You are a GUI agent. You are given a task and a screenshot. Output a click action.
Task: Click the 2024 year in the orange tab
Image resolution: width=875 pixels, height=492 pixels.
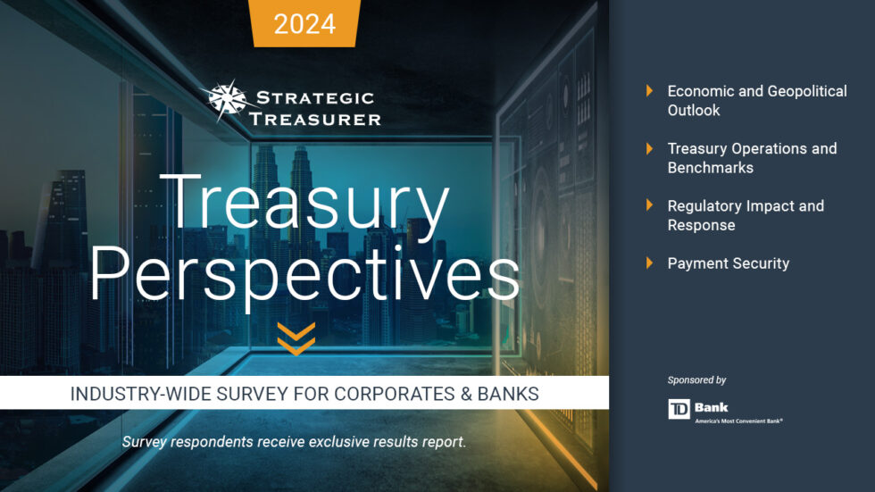[305, 23]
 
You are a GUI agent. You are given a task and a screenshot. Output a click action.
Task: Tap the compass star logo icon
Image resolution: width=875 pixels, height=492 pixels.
[227, 100]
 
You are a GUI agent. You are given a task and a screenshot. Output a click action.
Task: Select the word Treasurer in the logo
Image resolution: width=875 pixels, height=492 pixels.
[315, 118]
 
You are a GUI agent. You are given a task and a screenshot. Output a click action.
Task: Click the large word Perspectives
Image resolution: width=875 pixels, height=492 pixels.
[304, 272]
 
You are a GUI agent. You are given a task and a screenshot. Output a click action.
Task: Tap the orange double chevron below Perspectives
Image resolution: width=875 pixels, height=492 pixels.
[296, 338]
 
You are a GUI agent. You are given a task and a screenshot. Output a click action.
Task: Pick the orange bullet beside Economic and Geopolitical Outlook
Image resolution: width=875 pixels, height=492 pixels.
[650, 91]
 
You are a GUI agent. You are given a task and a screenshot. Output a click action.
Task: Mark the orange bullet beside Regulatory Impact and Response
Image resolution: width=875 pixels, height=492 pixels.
[650, 205]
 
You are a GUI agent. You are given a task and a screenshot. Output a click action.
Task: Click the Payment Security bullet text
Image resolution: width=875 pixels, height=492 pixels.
[729, 263]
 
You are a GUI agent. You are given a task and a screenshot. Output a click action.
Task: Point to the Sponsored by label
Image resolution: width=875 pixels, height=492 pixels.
[696, 380]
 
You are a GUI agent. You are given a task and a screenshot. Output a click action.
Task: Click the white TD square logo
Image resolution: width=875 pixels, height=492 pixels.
[679, 409]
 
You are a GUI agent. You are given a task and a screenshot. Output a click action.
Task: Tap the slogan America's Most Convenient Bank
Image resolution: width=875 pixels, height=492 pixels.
[738, 420]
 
